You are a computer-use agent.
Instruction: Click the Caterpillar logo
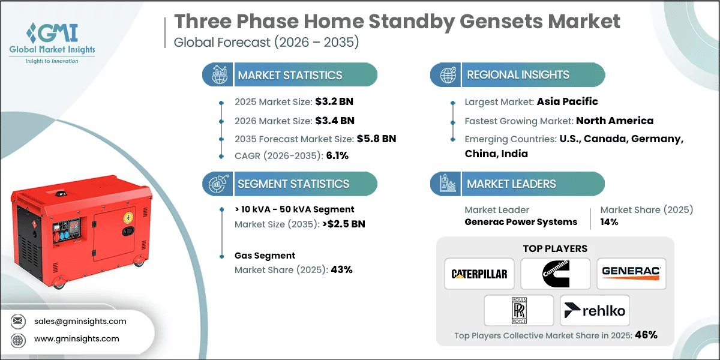(x=479, y=274)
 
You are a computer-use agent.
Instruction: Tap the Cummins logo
(x=555, y=274)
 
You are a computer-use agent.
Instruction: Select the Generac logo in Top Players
(x=631, y=274)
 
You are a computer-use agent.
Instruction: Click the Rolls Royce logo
(x=518, y=310)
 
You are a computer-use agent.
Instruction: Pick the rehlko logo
(x=595, y=310)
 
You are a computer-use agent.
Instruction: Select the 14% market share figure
(x=610, y=222)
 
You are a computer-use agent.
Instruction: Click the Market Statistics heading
(x=290, y=75)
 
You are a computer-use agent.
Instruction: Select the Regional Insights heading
(x=518, y=75)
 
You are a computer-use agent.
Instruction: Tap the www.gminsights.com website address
(x=76, y=338)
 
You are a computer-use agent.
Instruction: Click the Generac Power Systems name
(x=521, y=222)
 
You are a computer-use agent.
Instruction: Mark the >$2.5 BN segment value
(x=344, y=224)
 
